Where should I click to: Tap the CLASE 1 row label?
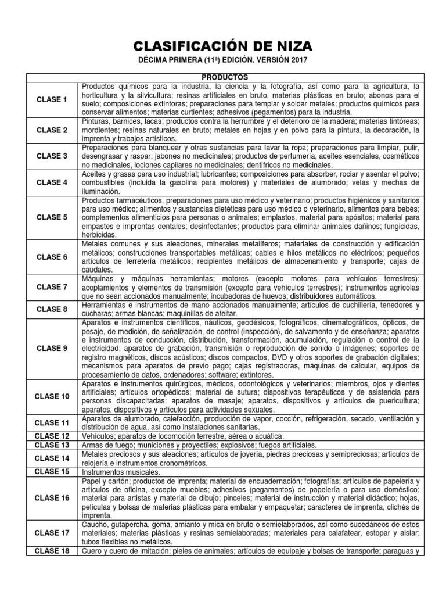point(52,99)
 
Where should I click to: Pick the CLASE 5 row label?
point(52,217)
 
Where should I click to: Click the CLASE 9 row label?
point(52,348)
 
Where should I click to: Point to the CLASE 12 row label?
point(52,436)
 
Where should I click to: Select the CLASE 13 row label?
point(52,445)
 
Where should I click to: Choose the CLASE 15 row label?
point(52,471)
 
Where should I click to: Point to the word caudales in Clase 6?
point(97,270)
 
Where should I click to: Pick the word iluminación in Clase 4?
point(101,191)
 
